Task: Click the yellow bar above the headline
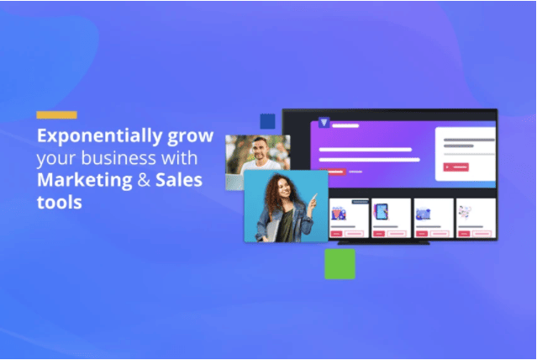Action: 56,114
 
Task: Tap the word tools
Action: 58,201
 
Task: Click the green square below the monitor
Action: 340,264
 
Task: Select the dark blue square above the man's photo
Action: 267,121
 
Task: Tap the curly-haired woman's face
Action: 284,193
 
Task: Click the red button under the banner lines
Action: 332,172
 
